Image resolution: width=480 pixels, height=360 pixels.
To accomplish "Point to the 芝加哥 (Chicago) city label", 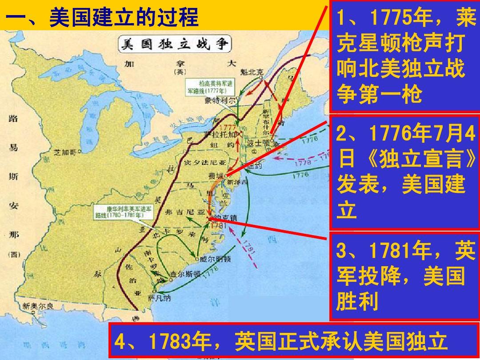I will click(x=64, y=152).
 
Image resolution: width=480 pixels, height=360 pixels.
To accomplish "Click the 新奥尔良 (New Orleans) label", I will click(x=38, y=306).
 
